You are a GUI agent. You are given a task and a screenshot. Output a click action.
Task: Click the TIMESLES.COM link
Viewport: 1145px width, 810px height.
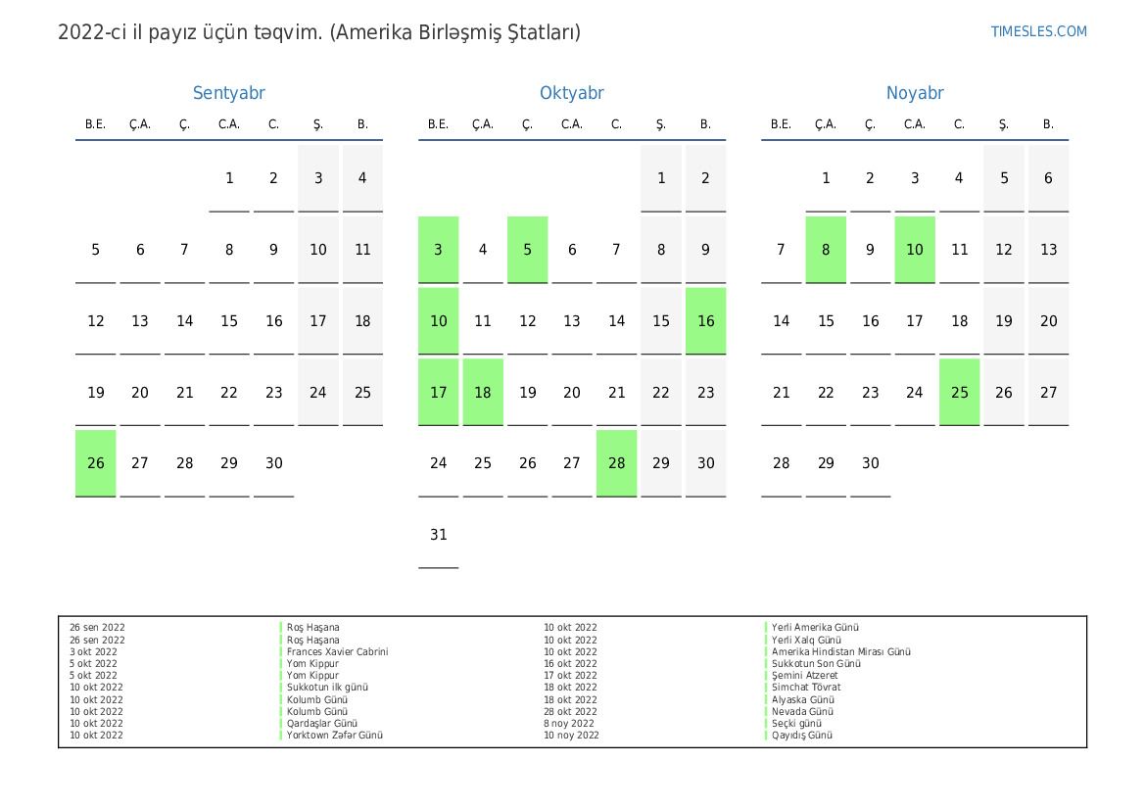pyautogui.click(x=1038, y=31)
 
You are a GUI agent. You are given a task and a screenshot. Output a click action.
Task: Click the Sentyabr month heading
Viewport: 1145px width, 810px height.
pyautogui.click(x=228, y=93)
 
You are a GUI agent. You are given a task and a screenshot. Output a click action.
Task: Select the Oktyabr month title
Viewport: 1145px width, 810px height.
pyautogui.click(x=571, y=93)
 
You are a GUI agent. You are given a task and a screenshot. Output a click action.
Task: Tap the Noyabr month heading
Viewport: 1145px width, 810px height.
pyautogui.click(x=914, y=93)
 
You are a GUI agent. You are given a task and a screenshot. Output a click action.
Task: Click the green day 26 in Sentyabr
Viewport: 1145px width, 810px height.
pyautogui.click(x=96, y=463)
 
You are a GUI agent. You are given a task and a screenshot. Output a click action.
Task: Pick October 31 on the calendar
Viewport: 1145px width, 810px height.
pyautogui.click(x=439, y=535)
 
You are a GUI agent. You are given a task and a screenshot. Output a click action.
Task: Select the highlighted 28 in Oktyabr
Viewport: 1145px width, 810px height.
pyautogui.click(x=616, y=463)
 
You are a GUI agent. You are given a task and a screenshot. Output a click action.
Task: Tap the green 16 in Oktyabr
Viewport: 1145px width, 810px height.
pyautogui.click(x=705, y=320)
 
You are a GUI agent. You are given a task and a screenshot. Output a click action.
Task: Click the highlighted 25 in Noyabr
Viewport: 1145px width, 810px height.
pyautogui.click(x=959, y=392)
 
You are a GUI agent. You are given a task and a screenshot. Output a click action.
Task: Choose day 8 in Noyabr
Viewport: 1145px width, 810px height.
pyautogui.click(x=826, y=249)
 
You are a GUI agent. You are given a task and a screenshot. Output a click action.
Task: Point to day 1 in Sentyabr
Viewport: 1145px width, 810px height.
pyautogui.click(x=229, y=178)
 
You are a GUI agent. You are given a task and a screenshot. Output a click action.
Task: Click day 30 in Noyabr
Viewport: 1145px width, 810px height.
pyautogui.click(x=870, y=463)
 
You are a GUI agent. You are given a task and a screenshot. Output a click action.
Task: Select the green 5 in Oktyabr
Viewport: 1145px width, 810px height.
pyautogui.click(x=527, y=249)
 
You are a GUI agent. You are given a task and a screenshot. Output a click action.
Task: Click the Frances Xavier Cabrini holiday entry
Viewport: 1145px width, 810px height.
pyautogui.click(x=337, y=651)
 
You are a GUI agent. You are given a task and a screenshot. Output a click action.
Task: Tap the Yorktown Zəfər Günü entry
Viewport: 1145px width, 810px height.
pyautogui.click(x=334, y=735)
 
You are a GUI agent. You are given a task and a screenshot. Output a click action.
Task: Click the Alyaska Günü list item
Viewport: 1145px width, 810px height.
pyautogui.click(x=802, y=699)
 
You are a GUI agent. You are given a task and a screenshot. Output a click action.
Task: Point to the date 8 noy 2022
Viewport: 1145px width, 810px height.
pyautogui.click(x=569, y=723)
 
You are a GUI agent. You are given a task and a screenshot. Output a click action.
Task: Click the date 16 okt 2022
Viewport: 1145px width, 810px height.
pyautogui.click(x=570, y=663)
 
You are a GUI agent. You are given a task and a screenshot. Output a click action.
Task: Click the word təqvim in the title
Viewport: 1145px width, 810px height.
pyautogui.click(x=291, y=32)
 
